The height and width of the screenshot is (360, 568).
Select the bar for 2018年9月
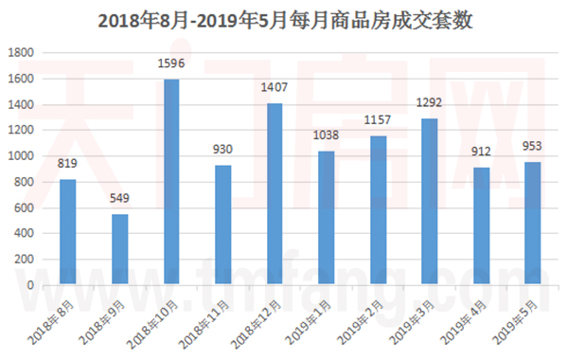tap(119, 249)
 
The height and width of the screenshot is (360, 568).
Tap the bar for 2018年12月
tap(274, 194)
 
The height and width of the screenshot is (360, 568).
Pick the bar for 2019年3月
tap(429, 202)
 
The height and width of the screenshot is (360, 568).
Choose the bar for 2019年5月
tap(532, 224)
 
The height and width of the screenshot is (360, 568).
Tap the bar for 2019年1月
tap(326, 218)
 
